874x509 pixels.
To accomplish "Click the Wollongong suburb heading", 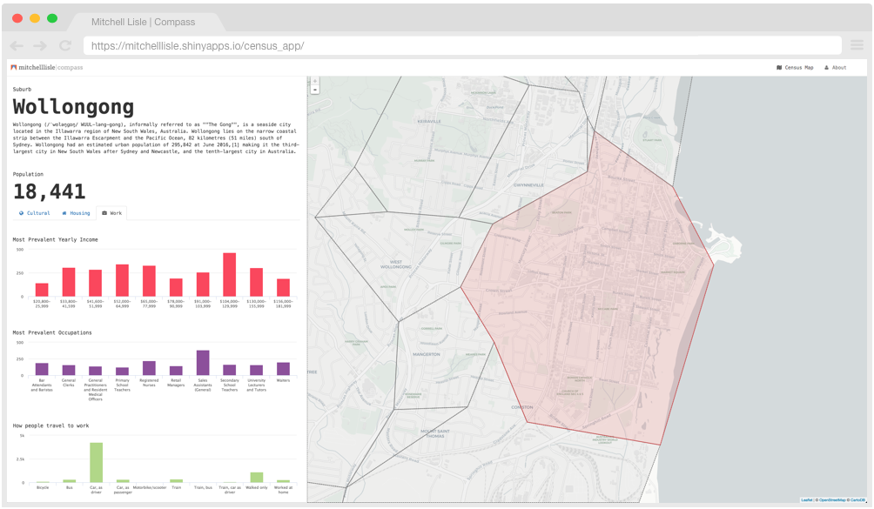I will point(73,107).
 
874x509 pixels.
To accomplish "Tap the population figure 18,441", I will point(49,191).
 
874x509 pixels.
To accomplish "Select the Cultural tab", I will point(35,213).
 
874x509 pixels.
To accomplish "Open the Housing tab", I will point(76,213).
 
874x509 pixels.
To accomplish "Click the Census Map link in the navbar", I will point(795,67).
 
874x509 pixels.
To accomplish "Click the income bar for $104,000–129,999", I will point(230,275).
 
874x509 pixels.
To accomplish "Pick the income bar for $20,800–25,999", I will point(42,290).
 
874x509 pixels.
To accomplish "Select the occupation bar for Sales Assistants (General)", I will point(203,363).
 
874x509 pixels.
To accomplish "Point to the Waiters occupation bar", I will point(283,369).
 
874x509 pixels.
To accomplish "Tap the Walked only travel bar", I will point(257,478).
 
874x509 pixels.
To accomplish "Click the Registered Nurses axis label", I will point(149,383).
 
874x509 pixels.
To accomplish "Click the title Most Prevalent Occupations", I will point(52,332).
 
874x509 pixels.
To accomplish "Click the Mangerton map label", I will point(427,354).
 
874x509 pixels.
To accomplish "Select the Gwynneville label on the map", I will point(528,184).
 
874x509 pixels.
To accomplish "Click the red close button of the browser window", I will point(17,18).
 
